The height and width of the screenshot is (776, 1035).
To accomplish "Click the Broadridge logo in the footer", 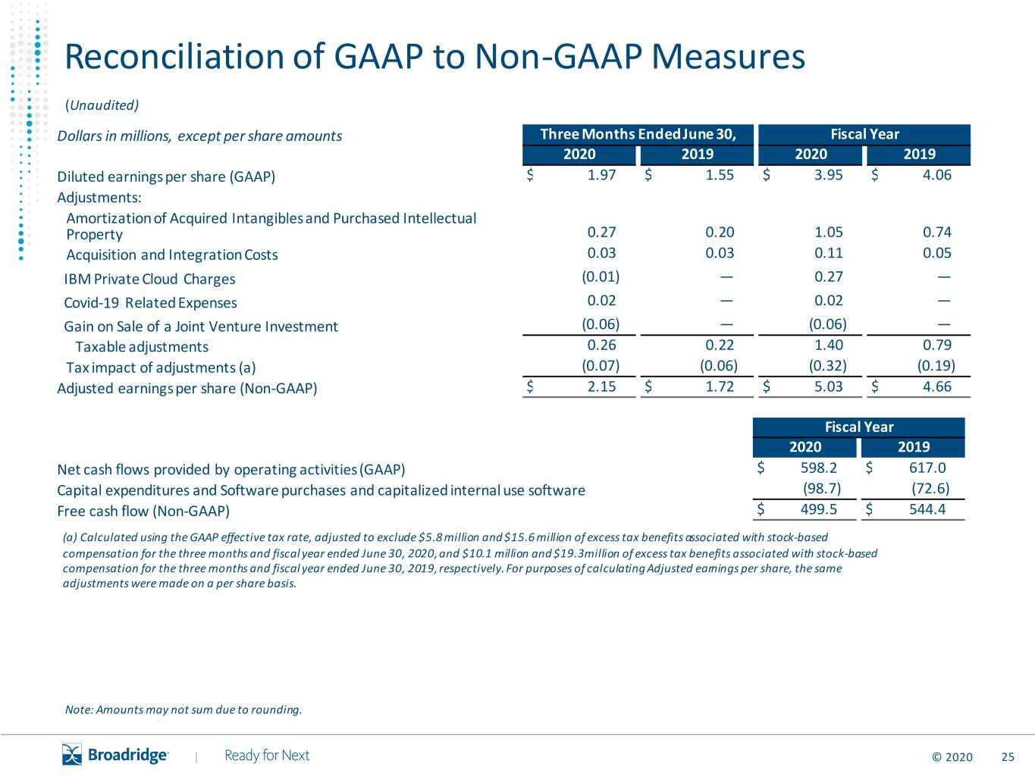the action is coord(115,754).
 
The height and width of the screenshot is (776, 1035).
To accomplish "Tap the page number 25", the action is coord(1008,757).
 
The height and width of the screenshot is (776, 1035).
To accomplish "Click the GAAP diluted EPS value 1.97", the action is coord(601,175).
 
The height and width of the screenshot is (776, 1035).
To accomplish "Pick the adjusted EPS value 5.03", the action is coord(828,386).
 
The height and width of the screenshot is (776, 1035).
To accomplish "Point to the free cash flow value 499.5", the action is coord(819,508).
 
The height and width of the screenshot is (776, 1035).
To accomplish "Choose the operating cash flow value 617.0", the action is coord(927,468).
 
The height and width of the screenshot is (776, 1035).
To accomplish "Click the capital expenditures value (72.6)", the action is coord(930,488).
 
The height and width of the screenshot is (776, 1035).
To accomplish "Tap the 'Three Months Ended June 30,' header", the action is coord(638,134).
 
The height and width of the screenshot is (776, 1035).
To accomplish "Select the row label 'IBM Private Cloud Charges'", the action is coord(149,279).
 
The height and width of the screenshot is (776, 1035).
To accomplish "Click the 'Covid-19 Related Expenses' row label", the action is coord(150,302).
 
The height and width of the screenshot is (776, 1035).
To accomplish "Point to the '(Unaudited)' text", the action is coord(102,105).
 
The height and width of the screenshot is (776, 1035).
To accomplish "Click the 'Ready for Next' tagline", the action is coord(267,756).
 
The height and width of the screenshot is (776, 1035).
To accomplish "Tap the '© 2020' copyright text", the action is coord(952,757).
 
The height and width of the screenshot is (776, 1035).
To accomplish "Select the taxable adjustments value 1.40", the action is coord(829,345).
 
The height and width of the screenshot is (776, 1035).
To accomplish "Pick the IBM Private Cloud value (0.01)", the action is coord(601,277).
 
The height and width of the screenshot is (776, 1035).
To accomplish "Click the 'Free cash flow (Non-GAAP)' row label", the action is coord(143,512).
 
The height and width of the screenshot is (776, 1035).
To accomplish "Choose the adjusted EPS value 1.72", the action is coord(720,386).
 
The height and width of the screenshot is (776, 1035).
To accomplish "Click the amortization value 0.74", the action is coord(937,232).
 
